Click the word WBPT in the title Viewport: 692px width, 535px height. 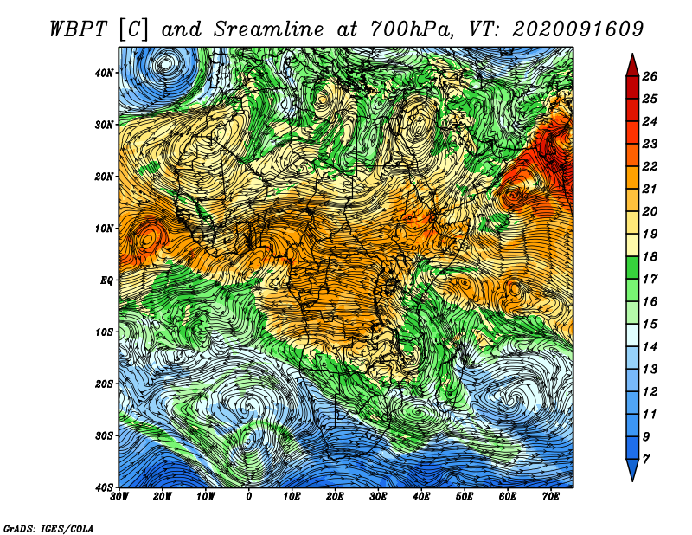click(x=79, y=29)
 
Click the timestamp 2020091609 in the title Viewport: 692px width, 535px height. click(x=578, y=29)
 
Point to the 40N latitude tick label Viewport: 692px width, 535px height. click(x=104, y=73)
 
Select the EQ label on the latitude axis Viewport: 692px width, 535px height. click(x=106, y=280)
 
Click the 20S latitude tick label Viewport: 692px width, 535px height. click(x=104, y=384)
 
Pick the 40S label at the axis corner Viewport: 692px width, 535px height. click(x=104, y=487)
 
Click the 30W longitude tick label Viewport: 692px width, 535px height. click(x=119, y=497)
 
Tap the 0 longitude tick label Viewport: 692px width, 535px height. click(x=249, y=497)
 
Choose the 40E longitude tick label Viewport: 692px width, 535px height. click(x=421, y=497)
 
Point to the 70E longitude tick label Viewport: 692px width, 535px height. click(x=551, y=497)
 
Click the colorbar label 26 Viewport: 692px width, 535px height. click(x=650, y=76)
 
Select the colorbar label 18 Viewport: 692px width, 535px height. click(x=650, y=256)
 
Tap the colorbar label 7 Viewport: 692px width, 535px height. click(x=646, y=460)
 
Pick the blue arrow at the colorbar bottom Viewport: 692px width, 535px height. click(x=632, y=469)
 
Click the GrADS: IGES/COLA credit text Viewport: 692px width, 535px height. click(x=48, y=528)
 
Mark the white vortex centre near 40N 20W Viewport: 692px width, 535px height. click(x=165, y=65)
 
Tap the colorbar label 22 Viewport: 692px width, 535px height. click(x=650, y=166)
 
